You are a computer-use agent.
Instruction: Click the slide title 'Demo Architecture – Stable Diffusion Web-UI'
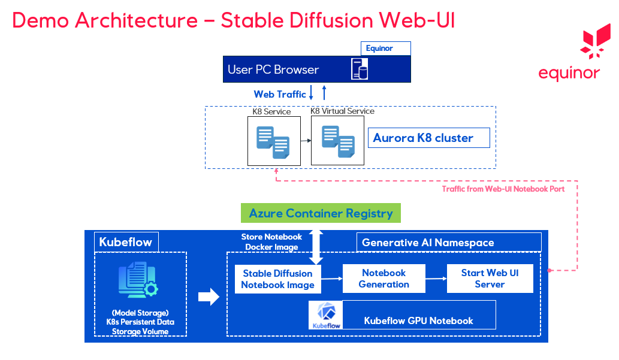[x=233, y=20]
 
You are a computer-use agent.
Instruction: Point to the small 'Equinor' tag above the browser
[x=385, y=49]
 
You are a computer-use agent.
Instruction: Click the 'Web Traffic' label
[x=280, y=94]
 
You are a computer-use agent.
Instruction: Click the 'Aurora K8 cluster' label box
[x=428, y=138]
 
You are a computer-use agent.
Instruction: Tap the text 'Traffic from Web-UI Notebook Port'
[x=503, y=189]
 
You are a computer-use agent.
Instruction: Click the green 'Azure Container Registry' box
[x=321, y=213]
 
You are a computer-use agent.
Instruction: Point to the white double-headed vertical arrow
[x=316, y=246]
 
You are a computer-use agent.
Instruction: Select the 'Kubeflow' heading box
[x=126, y=242]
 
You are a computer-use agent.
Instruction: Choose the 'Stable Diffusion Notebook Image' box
[x=277, y=279]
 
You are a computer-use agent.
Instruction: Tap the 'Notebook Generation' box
[x=384, y=279]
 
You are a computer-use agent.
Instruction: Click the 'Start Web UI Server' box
[x=490, y=279]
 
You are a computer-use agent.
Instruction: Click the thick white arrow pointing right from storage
[x=209, y=297]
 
